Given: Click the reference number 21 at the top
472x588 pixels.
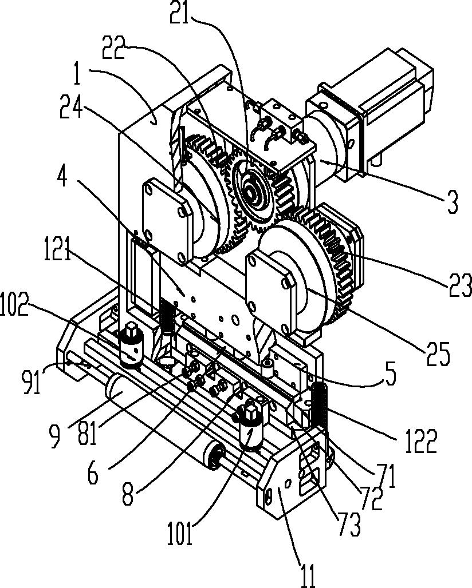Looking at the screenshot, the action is pyautogui.click(x=179, y=13).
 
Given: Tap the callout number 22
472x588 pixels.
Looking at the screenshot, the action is pyautogui.click(x=114, y=47).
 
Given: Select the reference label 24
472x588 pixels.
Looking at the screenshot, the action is pyautogui.click(x=72, y=106).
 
